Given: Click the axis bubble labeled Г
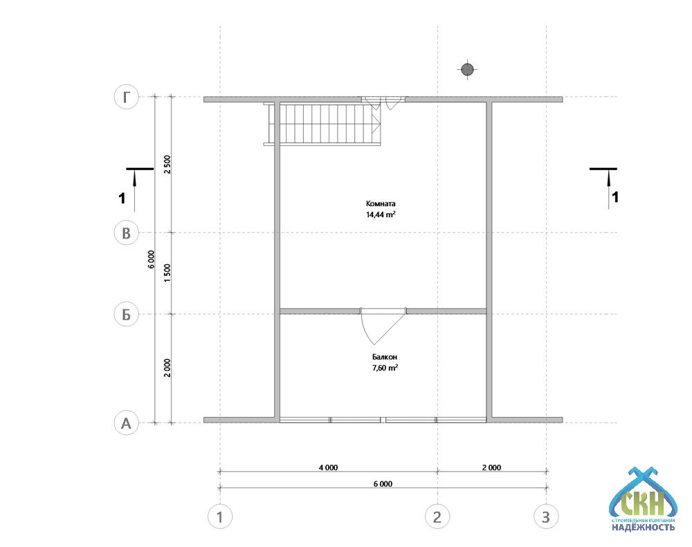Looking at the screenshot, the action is point(127,97).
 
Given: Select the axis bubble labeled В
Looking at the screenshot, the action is point(127,232).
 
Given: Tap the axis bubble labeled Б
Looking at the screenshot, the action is point(127,315).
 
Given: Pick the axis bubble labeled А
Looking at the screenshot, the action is point(127,423).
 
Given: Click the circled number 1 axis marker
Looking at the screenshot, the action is point(220,517).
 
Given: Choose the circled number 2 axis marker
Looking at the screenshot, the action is point(437,517).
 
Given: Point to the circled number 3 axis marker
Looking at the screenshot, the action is point(546,517).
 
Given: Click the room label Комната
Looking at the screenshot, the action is point(381,204).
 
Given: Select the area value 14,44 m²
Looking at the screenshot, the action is point(381,215).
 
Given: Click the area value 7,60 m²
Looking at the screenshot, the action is point(385,368).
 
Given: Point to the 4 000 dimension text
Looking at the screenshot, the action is point(328,467).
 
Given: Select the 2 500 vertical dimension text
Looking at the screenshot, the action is point(167,165).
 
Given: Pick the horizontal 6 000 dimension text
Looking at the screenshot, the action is point(383,484).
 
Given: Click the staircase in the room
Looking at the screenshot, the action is point(322,124).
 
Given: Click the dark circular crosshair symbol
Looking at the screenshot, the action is point(467,70).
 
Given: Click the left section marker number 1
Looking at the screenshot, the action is point(122,198).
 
